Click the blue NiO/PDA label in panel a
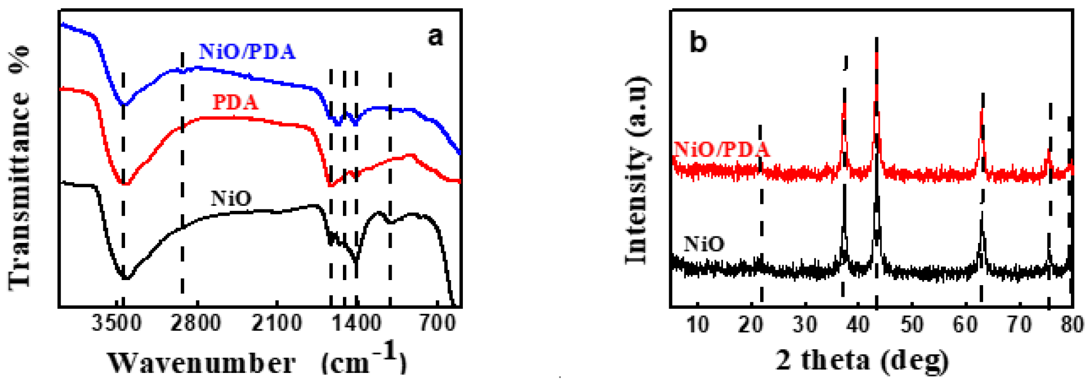point(247,52)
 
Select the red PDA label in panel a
point(235,102)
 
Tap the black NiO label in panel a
point(231,199)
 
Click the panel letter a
point(435,37)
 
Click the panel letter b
point(698,42)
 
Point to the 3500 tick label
point(116,324)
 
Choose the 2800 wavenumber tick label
point(195,324)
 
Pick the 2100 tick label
point(277,324)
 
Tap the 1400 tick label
point(357,324)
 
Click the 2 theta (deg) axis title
point(862,360)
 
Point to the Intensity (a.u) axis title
point(637,171)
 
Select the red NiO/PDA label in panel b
point(721,149)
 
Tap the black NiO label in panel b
point(704,244)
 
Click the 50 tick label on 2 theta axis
point(911,325)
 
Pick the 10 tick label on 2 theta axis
point(697,325)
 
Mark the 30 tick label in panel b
point(805,325)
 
